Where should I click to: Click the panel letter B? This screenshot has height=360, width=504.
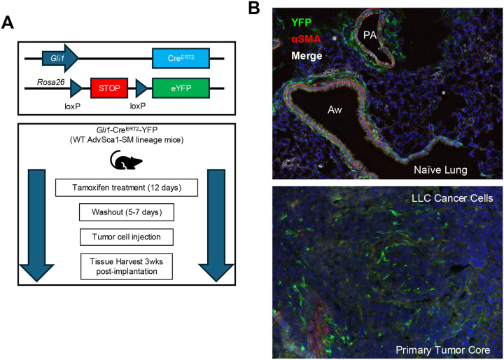[x=254, y=8]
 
